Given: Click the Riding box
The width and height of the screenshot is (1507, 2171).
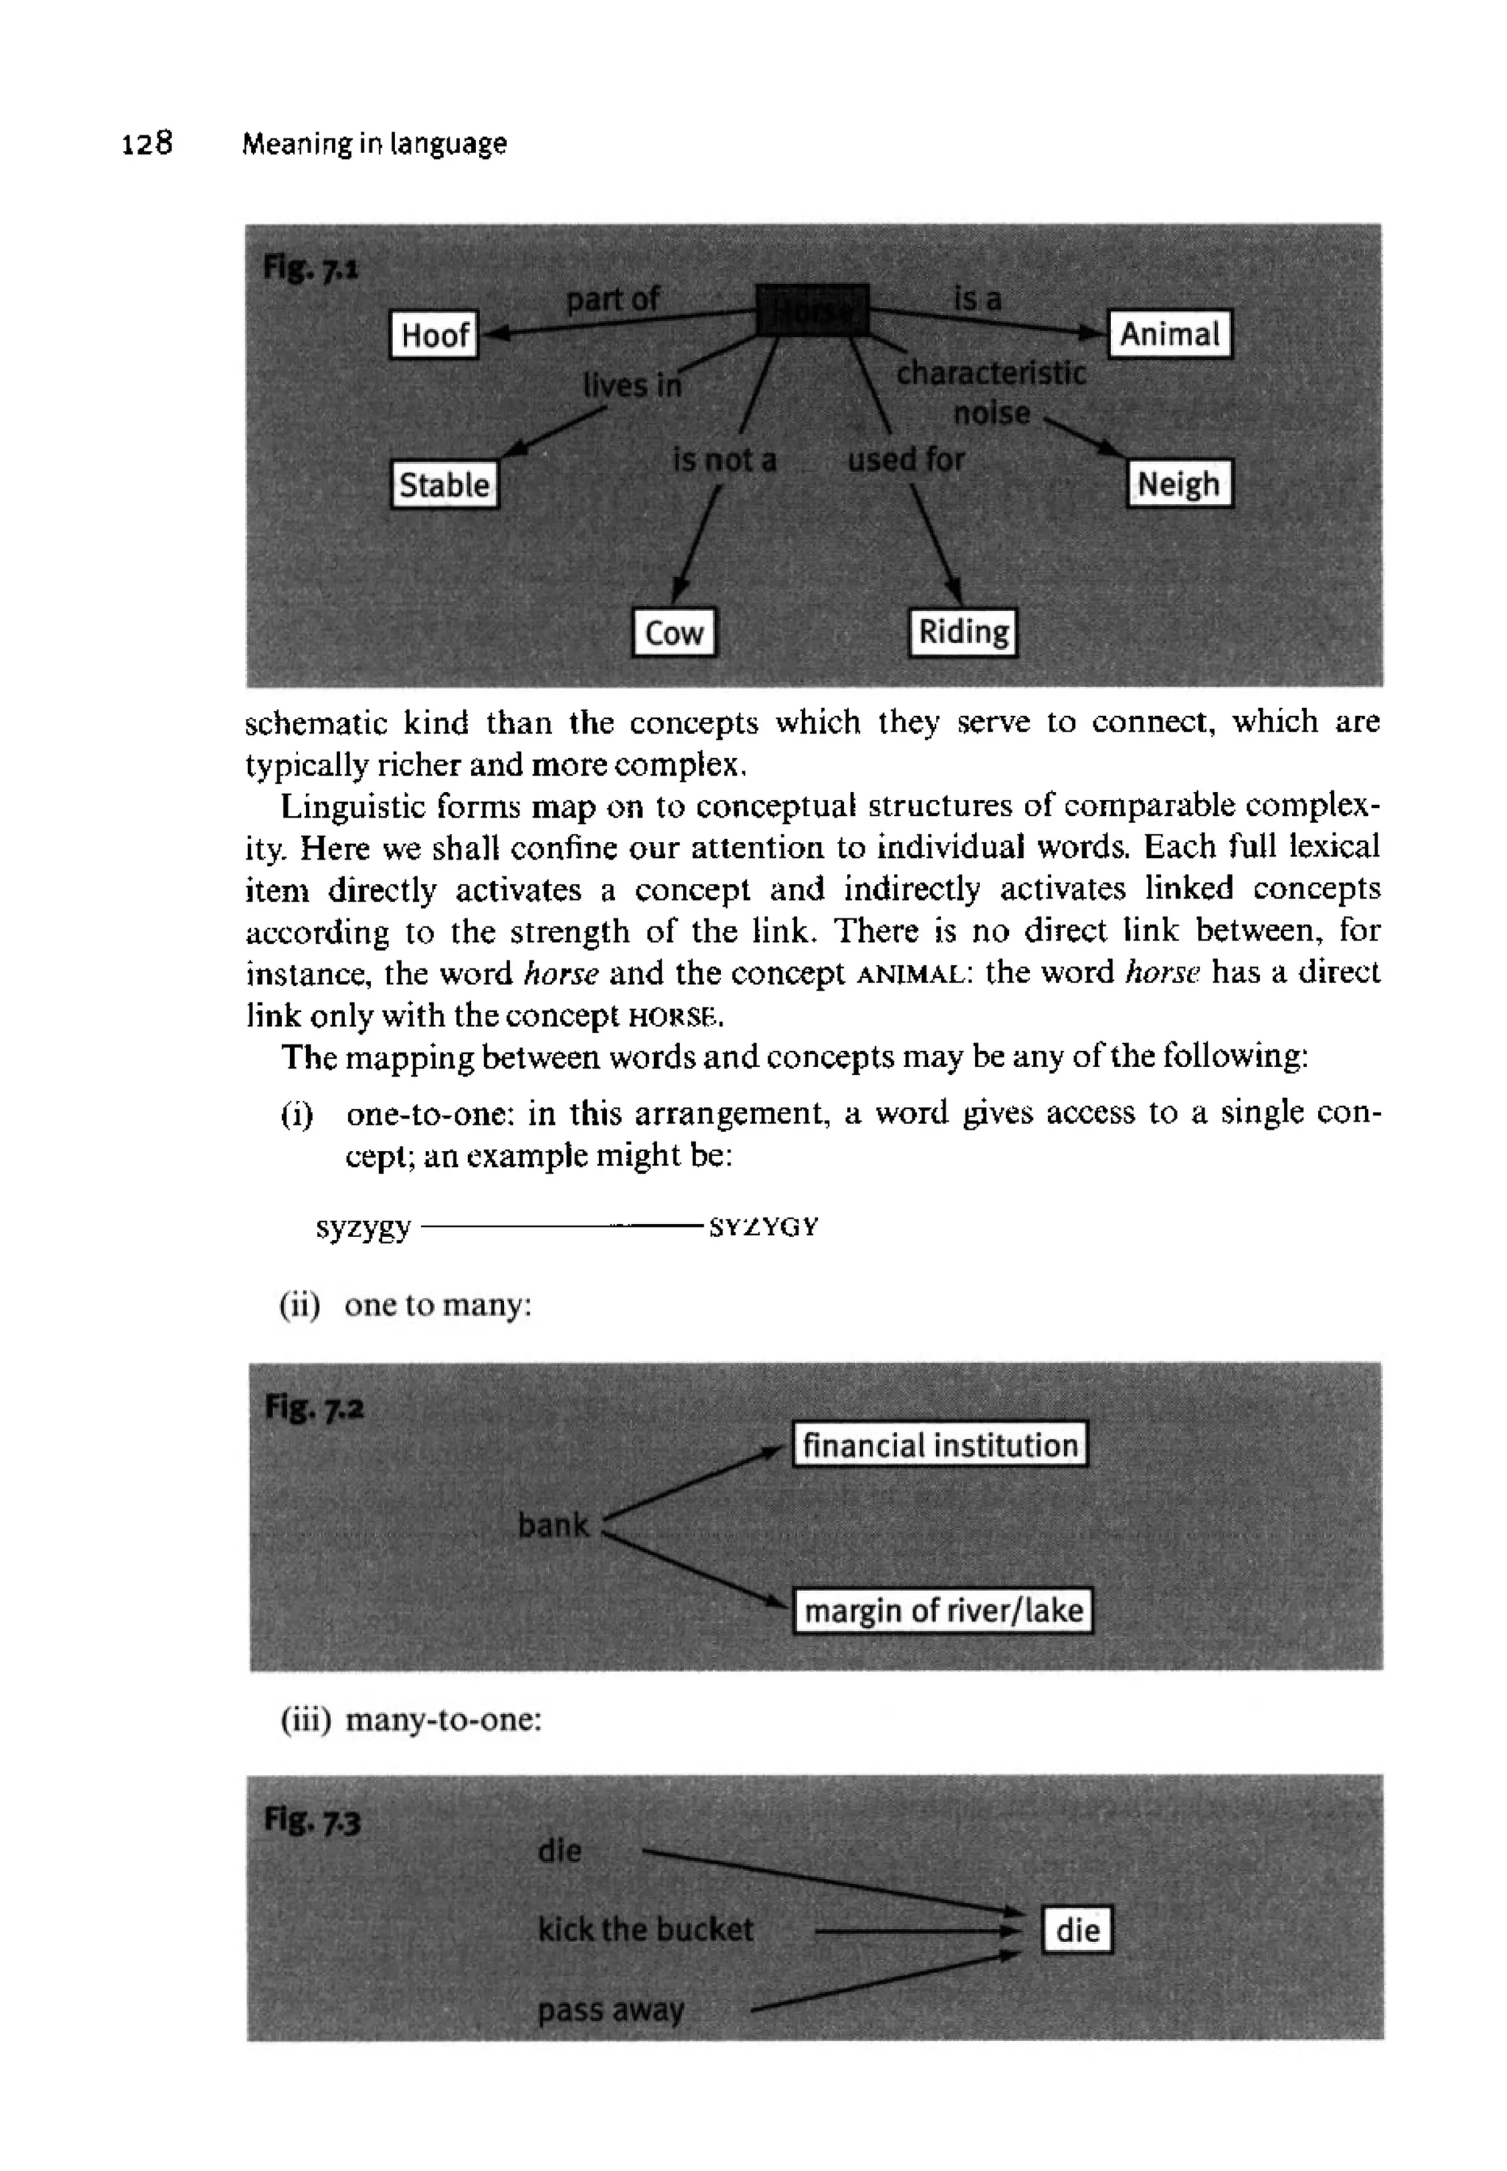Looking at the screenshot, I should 963,631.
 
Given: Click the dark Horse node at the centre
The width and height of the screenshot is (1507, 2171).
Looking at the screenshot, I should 812,310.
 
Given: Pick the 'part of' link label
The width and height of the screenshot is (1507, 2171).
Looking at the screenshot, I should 613,300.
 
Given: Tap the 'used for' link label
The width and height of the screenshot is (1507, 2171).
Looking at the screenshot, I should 906,460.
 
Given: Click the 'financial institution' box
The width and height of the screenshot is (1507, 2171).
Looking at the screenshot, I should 940,1445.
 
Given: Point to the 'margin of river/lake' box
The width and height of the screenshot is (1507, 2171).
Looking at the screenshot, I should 943,1610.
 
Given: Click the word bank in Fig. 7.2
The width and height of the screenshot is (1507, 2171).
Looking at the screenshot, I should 553,1525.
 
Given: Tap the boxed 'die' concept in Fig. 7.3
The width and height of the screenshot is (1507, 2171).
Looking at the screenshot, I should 1077,1930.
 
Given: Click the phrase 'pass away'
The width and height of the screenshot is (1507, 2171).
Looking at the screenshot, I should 611,2010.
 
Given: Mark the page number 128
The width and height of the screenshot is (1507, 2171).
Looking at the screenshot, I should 147,143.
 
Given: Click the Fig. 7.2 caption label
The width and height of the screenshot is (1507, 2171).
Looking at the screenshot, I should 314,1407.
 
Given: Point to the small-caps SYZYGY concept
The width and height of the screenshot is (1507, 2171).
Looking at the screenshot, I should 764,1228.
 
